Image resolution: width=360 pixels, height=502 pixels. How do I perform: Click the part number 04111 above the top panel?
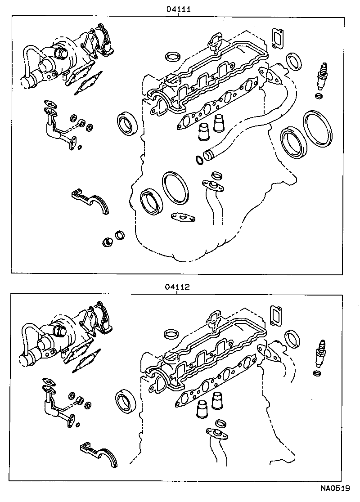pyautogui.click(x=179, y=9)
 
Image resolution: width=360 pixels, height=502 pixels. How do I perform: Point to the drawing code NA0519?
pyautogui.click(x=335, y=488)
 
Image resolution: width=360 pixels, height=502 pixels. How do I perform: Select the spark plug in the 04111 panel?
pyautogui.click(x=322, y=76)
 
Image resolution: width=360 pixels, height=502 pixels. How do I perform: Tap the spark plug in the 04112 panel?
pyautogui.click(x=321, y=354)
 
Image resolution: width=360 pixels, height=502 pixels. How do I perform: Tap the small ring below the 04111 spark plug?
pyautogui.click(x=319, y=97)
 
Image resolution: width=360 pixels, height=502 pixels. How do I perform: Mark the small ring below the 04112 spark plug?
pyautogui.click(x=317, y=373)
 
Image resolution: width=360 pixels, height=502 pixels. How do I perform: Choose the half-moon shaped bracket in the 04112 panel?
pyautogui.click(x=100, y=454)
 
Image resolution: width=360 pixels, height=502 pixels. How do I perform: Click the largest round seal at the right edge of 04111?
pyautogui.click(x=318, y=129)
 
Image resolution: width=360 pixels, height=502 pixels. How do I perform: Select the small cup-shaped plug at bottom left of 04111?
pyautogui.click(x=108, y=242)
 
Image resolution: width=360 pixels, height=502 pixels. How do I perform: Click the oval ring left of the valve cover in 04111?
pyautogui.click(x=172, y=57)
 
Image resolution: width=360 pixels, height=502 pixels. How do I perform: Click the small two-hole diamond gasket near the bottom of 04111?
pyautogui.click(x=183, y=218)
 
